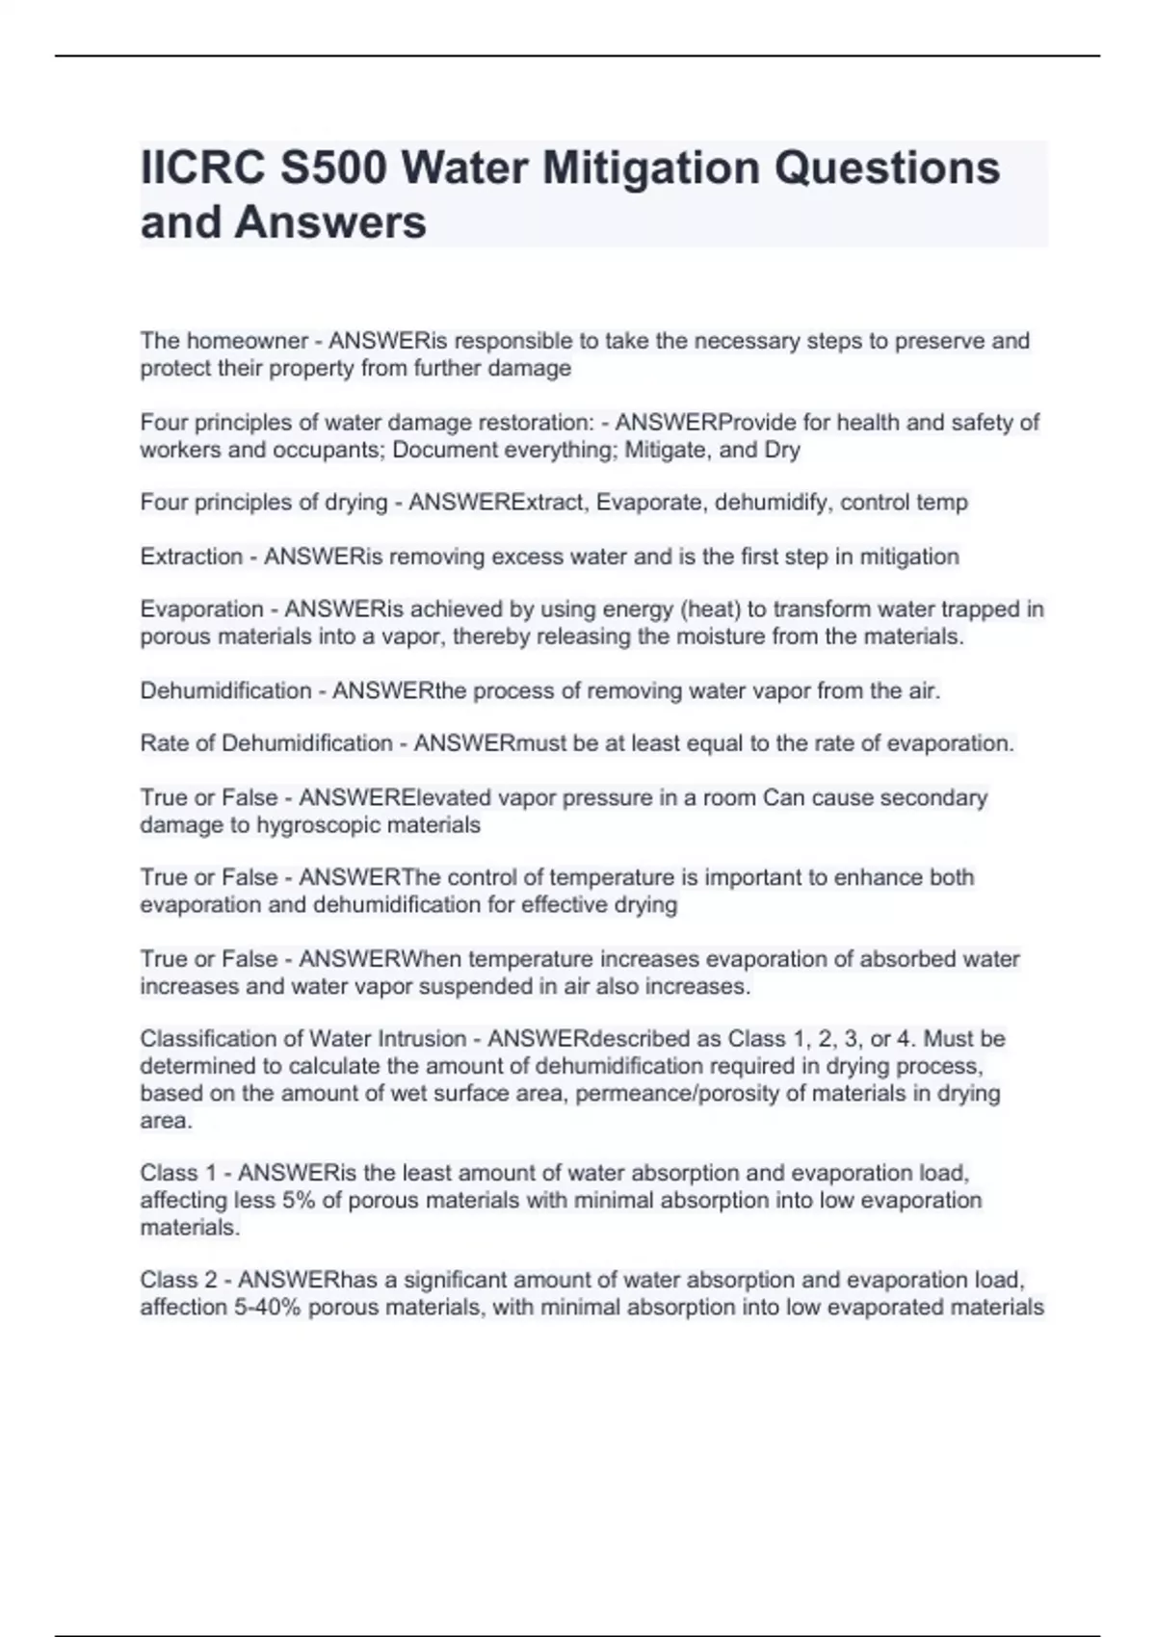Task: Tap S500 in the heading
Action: coord(333,169)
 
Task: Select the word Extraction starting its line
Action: coord(191,557)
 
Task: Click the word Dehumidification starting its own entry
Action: coord(225,690)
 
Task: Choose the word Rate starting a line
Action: coord(162,743)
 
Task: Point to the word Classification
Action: coord(206,1039)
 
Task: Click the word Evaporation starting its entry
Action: coord(201,610)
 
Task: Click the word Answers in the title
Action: coord(330,222)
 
